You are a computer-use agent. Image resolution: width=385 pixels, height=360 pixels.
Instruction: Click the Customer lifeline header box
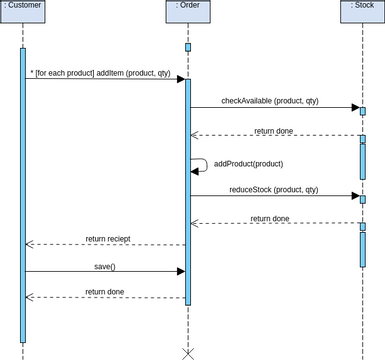pos(23,7)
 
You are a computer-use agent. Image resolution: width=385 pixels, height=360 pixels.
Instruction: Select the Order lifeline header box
pos(186,7)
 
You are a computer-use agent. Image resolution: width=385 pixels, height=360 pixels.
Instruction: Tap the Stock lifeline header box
pos(362,7)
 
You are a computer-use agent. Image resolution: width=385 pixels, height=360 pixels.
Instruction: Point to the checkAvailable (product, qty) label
pos(269,100)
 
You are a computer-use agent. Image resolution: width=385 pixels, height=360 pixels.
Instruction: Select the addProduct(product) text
pos(248,163)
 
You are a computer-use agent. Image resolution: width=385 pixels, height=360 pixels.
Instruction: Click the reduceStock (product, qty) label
pos(273,189)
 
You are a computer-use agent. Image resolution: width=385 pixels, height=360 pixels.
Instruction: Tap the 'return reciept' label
pos(108,239)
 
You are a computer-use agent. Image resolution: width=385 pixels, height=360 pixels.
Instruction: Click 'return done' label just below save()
pos(105,291)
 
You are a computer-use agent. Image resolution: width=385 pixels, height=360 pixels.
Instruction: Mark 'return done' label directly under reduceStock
pos(270,218)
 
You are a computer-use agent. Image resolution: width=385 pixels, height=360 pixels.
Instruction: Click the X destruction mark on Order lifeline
pos(186,352)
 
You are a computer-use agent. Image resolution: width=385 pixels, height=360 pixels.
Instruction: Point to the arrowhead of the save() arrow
pos(180,271)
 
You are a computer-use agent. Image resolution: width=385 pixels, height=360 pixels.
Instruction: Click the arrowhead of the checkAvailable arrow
pos(354,107)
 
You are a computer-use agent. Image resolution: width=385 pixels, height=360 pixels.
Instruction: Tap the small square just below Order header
pos(187,47)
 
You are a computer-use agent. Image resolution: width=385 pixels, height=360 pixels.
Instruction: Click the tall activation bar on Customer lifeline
pos(23,195)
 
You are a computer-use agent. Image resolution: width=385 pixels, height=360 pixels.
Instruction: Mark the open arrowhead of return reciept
pos(29,245)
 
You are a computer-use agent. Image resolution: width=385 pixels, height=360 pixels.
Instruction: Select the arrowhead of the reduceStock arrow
pos(354,196)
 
